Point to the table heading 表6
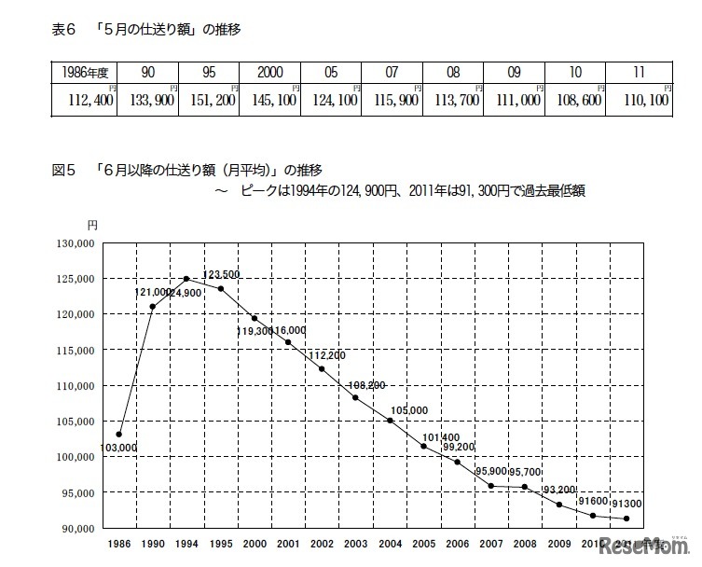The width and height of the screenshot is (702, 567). pyautogui.click(x=62, y=30)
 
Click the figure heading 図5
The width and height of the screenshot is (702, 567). pyautogui.click(x=62, y=171)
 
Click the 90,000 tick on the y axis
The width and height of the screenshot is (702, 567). pyautogui.click(x=75, y=528)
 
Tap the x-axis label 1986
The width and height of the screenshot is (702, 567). pyautogui.click(x=118, y=543)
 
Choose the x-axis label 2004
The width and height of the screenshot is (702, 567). pyautogui.click(x=390, y=543)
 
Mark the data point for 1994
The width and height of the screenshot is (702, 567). pyautogui.click(x=186, y=279)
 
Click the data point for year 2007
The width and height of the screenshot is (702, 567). pyautogui.click(x=491, y=486)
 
